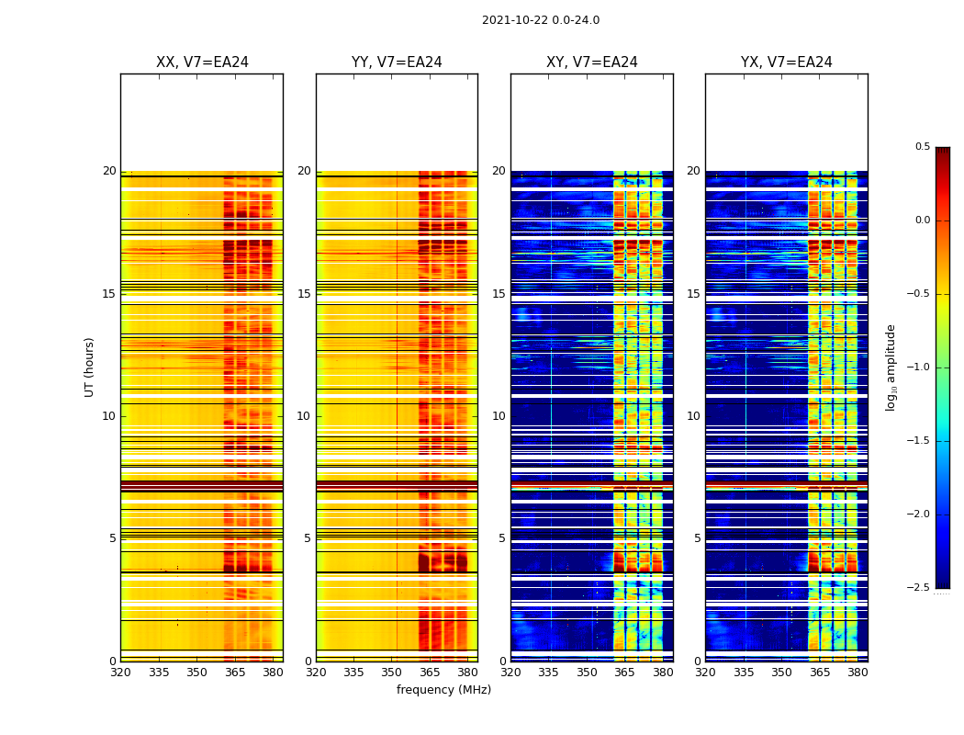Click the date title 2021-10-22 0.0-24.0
tap(541, 20)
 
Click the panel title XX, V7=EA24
tap(202, 62)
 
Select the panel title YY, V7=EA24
tap(397, 62)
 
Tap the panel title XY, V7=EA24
tap(592, 62)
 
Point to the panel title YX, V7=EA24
tap(787, 62)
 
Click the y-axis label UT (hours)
tap(90, 367)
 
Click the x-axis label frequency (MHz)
tap(443, 690)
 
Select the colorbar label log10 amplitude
tap(891, 367)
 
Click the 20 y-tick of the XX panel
tap(110, 171)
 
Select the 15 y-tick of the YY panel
tap(305, 294)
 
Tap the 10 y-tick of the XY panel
tap(499, 416)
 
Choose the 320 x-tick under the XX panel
tap(120, 672)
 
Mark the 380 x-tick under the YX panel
tap(858, 672)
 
